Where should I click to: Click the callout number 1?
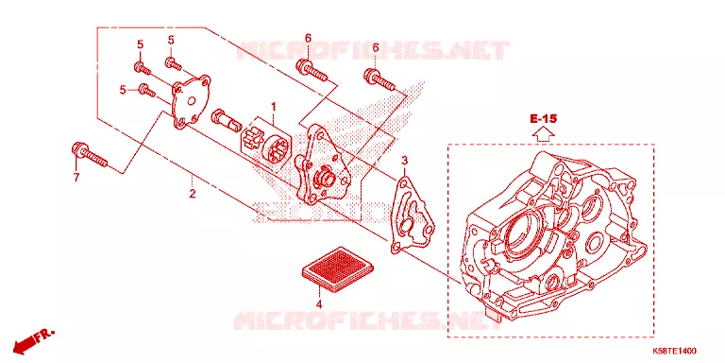(273, 108)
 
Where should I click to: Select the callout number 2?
(192, 194)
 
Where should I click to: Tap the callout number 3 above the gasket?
(404, 161)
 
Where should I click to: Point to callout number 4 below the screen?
(318, 304)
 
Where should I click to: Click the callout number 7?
(76, 177)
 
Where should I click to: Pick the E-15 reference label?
(544, 119)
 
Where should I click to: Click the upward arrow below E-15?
(544, 134)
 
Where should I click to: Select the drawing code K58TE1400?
(675, 351)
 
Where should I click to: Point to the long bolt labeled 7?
(90, 155)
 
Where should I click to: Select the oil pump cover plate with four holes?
(191, 101)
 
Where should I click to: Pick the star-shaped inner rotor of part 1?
(252, 140)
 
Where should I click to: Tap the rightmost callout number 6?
(376, 47)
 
